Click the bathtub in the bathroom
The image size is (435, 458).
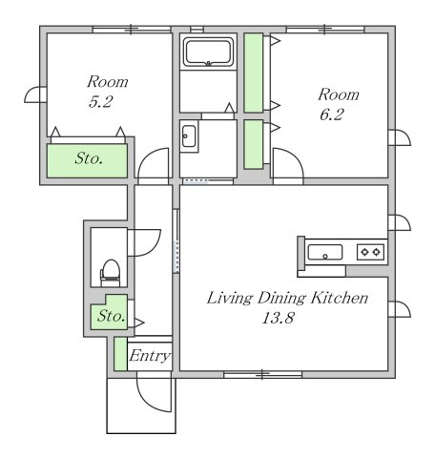pyautogui.click(x=208, y=52)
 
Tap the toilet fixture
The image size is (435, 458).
pyautogui.click(x=111, y=273)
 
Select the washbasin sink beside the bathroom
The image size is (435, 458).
pyautogui.click(x=189, y=136)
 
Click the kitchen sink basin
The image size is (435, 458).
pyautogui.click(x=325, y=252)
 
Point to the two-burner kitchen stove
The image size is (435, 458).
pyautogui.click(x=370, y=252)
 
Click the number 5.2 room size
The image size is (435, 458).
pyautogui.click(x=100, y=102)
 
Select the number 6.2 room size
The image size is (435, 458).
pyautogui.click(x=332, y=114)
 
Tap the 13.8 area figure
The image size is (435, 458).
pyautogui.click(x=278, y=318)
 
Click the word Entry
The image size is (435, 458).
pyautogui.click(x=150, y=356)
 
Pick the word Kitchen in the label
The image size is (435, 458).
pyautogui.click(x=340, y=298)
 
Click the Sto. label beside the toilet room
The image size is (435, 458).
pyautogui.click(x=111, y=316)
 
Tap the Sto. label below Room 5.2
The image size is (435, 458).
pyautogui.click(x=89, y=158)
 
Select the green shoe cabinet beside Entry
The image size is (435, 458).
pyautogui.click(x=120, y=354)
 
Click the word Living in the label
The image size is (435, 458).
pyautogui.click(x=230, y=299)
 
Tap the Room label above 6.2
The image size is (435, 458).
pyautogui.click(x=339, y=94)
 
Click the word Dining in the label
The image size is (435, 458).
pyautogui.click(x=281, y=299)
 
